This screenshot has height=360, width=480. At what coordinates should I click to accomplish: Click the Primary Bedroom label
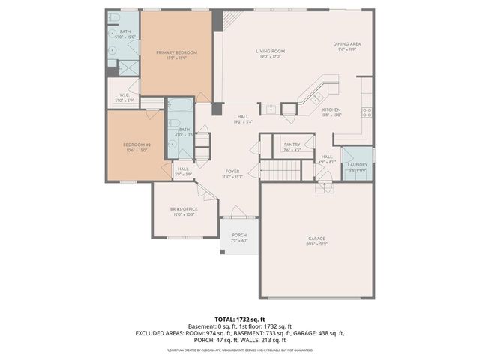click(176, 52)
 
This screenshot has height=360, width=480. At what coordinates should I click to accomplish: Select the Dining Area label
click(347, 44)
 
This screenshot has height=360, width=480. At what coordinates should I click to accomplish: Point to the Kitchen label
click(331, 109)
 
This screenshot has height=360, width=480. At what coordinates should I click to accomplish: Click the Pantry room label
click(292, 145)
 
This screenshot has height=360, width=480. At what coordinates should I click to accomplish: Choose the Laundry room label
click(357, 164)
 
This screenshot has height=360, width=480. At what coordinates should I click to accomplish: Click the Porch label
click(239, 235)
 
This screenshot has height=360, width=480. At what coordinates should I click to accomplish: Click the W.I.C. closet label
click(124, 94)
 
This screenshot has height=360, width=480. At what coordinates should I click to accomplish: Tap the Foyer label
click(232, 171)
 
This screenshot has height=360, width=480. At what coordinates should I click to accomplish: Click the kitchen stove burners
click(367, 113)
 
